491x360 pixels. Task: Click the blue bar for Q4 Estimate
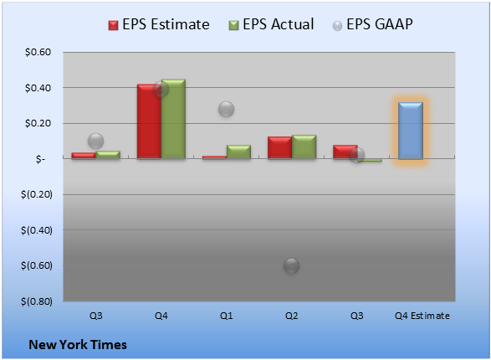(x=411, y=131)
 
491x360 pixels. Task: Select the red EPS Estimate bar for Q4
(x=149, y=121)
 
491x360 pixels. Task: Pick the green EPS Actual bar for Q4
(x=173, y=119)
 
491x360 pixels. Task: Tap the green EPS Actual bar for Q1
(x=238, y=152)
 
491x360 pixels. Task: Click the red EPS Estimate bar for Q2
(x=279, y=147)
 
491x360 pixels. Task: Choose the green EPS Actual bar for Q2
(x=304, y=147)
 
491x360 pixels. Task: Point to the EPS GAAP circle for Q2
(x=292, y=266)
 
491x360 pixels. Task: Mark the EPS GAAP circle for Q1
(x=227, y=110)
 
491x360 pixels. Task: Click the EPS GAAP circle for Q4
(x=161, y=89)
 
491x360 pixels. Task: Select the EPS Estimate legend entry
(x=159, y=24)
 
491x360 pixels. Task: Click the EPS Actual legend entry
(x=271, y=24)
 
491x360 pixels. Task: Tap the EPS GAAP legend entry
(x=372, y=24)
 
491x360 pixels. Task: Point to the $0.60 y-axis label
(x=38, y=52)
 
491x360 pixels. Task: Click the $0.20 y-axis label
(x=38, y=123)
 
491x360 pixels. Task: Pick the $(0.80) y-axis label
(x=37, y=301)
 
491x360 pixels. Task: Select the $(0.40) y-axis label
(x=37, y=230)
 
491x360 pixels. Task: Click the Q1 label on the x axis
(x=226, y=316)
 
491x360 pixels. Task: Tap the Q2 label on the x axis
(x=292, y=316)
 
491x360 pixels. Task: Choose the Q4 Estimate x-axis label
(x=422, y=316)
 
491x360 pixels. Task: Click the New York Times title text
(x=78, y=345)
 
